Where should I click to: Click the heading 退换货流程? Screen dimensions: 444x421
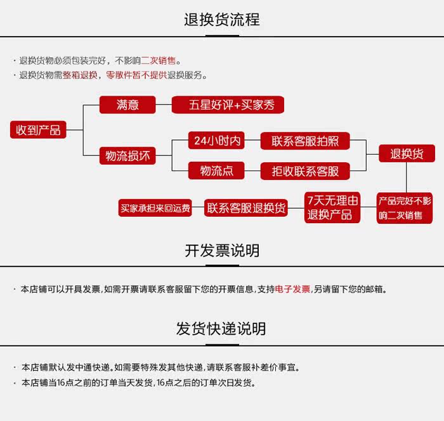(221, 20)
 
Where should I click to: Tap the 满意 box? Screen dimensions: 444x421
(127, 105)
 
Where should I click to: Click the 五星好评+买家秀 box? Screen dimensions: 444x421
(227, 105)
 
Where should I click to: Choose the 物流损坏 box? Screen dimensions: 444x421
(127, 155)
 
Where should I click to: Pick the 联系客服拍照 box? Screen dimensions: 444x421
(305, 141)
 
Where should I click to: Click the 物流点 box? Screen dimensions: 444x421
(216, 171)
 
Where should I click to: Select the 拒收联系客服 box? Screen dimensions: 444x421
(305, 171)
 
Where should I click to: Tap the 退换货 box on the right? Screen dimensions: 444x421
(407, 153)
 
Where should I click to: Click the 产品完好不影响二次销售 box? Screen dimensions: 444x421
(405, 208)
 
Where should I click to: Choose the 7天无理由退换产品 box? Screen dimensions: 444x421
(333, 207)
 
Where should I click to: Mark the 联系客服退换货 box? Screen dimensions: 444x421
(246, 208)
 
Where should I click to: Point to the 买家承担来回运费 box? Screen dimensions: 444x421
(155, 208)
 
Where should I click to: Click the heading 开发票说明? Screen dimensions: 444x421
(221, 250)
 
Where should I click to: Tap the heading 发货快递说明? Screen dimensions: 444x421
(221, 328)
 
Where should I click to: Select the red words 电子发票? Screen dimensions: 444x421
(292, 289)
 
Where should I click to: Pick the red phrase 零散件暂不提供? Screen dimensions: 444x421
(136, 75)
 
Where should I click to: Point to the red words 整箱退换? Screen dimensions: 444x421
(80, 75)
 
